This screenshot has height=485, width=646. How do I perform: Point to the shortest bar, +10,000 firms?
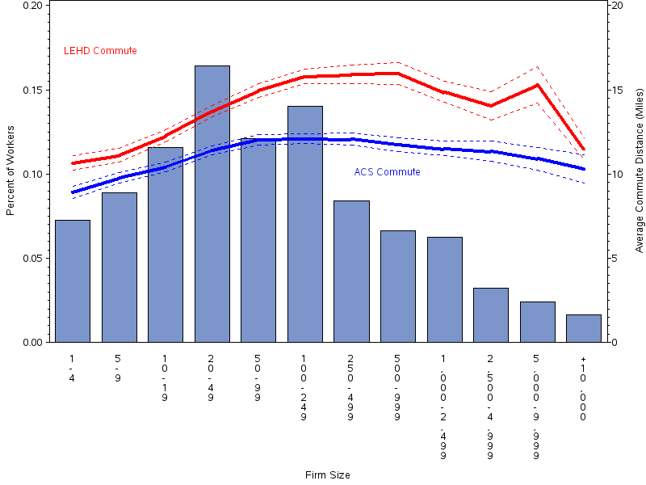point(584,328)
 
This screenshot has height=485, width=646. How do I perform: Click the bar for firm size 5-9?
point(120,267)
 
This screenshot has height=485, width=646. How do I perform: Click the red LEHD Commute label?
point(100,51)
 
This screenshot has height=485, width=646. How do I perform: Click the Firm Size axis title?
point(327,475)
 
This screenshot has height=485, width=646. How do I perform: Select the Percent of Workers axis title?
point(10,173)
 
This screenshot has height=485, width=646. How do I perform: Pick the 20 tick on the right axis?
point(617,6)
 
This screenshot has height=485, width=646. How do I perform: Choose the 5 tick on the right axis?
point(615,259)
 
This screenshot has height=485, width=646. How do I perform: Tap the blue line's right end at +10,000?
point(584,169)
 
